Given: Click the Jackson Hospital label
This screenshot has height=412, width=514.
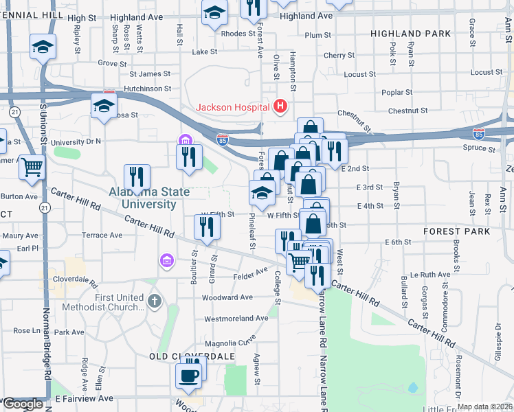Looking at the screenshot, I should [x=234, y=106].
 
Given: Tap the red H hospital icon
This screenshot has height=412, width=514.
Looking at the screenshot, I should [x=280, y=106].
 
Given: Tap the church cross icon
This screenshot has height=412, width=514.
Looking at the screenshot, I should [x=155, y=300].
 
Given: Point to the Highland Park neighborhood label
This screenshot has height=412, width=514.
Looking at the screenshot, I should [x=410, y=33].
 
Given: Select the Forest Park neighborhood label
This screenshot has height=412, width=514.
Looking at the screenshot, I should [x=457, y=231].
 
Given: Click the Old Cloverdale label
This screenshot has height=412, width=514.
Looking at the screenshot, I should [x=192, y=356].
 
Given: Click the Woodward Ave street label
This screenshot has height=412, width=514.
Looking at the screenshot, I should [x=227, y=297].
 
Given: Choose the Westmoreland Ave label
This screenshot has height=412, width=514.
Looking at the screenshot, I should [x=236, y=319].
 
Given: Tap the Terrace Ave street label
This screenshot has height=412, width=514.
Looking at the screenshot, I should [x=102, y=235].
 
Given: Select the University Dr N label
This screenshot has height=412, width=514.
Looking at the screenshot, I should [x=76, y=141].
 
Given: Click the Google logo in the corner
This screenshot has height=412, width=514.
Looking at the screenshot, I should [x=23, y=404].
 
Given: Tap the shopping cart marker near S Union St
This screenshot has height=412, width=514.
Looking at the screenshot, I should [x=32, y=167].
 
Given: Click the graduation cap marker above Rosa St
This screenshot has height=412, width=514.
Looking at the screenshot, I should [x=104, y=106].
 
